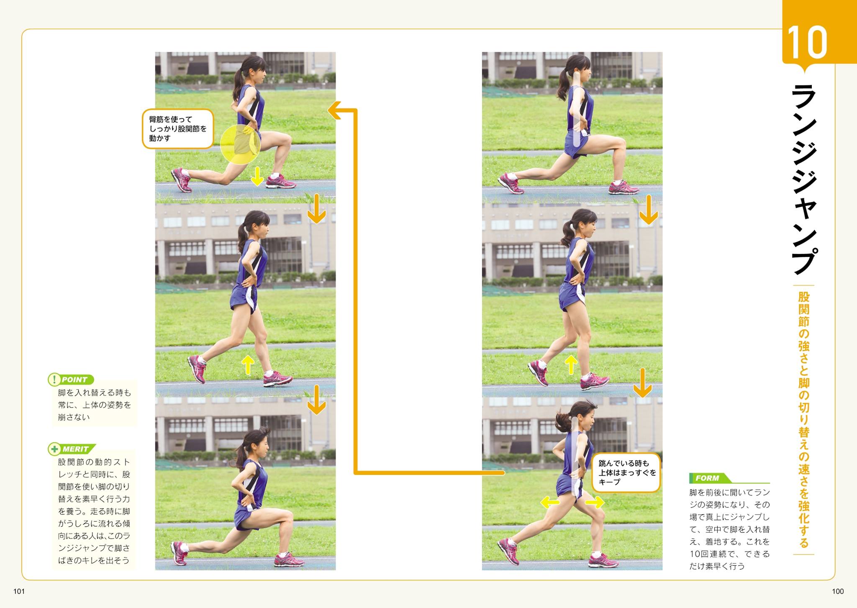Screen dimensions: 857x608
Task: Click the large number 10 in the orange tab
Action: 807,42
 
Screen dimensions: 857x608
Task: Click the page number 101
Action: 19,591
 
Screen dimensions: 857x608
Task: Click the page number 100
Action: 838,591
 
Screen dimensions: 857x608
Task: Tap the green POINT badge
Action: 71,380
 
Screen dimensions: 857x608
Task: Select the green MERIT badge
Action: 72,449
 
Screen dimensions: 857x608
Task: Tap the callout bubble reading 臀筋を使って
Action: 178,129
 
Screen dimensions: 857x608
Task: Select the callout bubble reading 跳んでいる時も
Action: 626,472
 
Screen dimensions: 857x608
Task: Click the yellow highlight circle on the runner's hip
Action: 240,144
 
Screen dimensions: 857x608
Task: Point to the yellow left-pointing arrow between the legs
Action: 550,502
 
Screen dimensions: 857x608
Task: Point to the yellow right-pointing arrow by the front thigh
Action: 595,502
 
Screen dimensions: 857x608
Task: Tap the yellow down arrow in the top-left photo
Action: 257,176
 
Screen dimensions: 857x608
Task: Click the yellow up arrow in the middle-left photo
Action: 248,364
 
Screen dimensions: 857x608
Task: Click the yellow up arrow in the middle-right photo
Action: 571,364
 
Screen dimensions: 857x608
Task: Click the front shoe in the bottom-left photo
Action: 289,560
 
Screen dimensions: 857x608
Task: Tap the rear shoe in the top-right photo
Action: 511,183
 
